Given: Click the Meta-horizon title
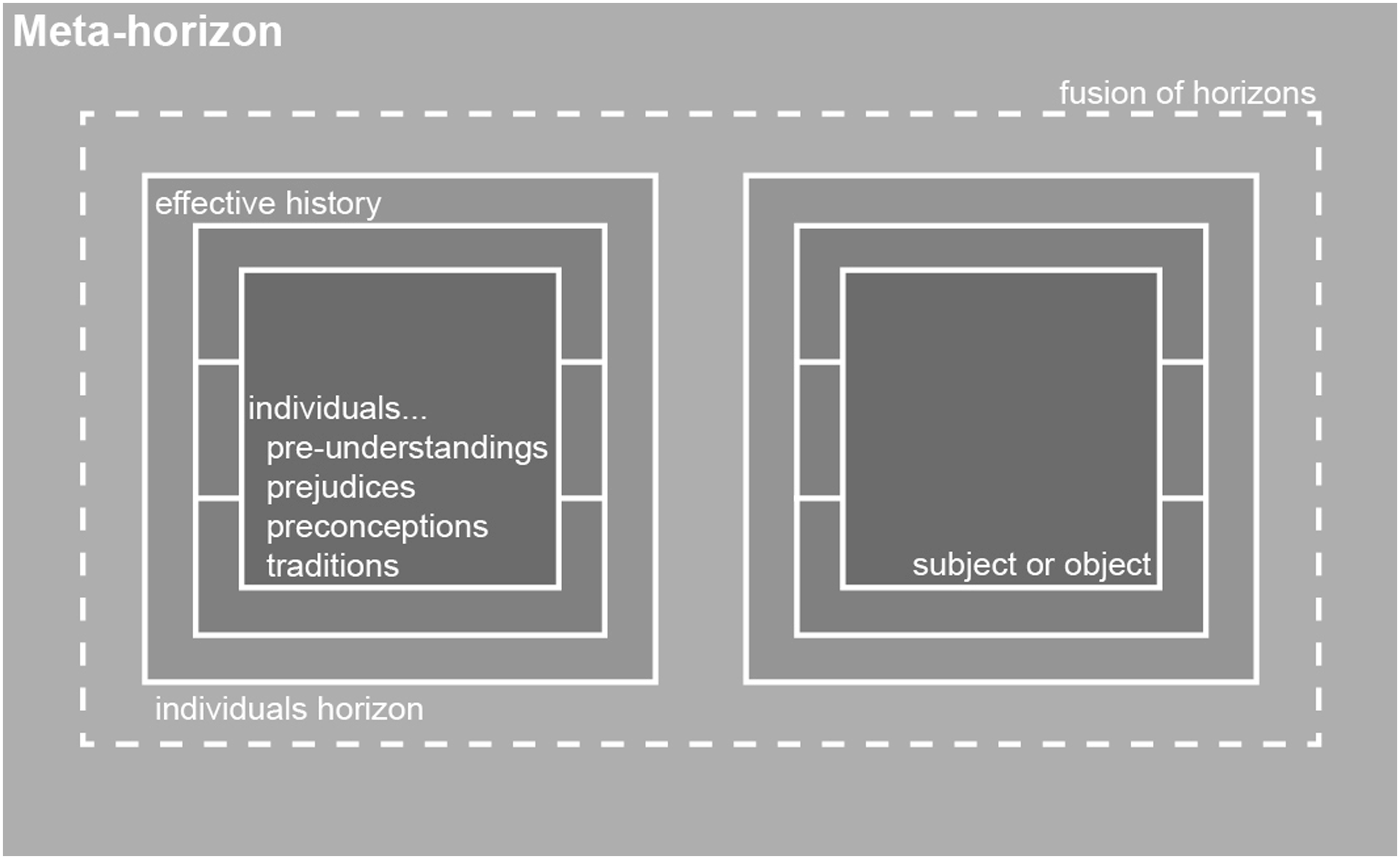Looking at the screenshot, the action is coord(147,31).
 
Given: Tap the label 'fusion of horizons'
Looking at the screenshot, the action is coord(1187,93).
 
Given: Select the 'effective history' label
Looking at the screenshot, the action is coord(268,204).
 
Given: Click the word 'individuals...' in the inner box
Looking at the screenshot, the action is coord(338,408).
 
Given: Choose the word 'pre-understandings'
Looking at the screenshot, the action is coord(407,448).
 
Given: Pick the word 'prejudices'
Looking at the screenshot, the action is coord(341,488).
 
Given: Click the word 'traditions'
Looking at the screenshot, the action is coord(333,566).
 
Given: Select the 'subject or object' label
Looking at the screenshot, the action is coord(1031,565).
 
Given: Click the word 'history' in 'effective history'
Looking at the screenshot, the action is coord(333,204).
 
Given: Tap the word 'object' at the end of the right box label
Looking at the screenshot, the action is coord(1108,565).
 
